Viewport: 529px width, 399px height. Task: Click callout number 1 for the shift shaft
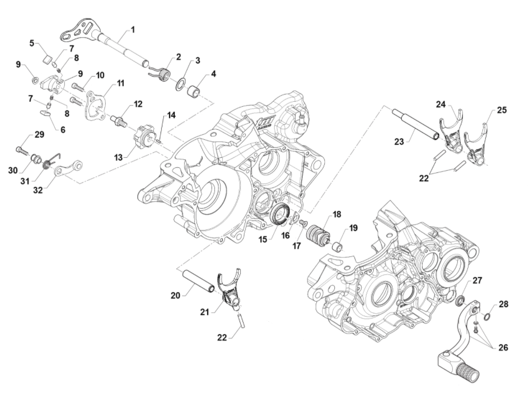[x=133, y=29]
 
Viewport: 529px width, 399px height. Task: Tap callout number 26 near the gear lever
[x=503, y=347]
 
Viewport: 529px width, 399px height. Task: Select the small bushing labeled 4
[x=195, y=90]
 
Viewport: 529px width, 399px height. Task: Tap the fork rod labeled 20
[x=199, y=281]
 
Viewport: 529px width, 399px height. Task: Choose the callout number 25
[x=502, y=110]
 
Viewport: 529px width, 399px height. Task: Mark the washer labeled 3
[x=182, y=84]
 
